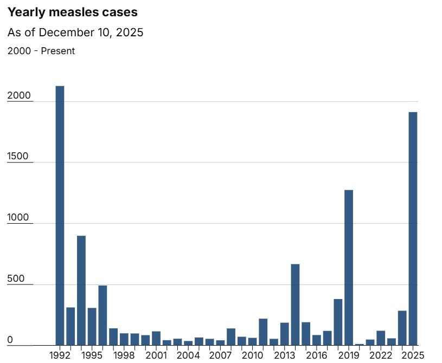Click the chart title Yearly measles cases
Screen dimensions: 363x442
(x=73, y=12)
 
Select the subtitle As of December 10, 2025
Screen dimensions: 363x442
(x=75, y=33)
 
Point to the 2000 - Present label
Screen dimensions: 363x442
(x=41, y=51)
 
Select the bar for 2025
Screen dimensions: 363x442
(x=413, y=228)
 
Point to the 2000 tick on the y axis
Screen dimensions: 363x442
(x=20, y=96)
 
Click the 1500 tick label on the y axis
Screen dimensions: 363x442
(x=20, y=157)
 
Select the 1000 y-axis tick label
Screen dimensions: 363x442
(x=20, y=218)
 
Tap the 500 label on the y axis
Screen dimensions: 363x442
(x=16, y=279)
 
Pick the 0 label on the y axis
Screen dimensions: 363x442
(x=10, y=340)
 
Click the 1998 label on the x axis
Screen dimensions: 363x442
(x=124, y=355)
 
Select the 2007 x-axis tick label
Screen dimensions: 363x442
(x=220, y=355)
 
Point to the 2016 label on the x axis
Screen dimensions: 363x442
(x=317, y=355)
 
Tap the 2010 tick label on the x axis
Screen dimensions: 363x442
(x=252, y=355)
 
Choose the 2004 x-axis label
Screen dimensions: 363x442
(x=188, y=355)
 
